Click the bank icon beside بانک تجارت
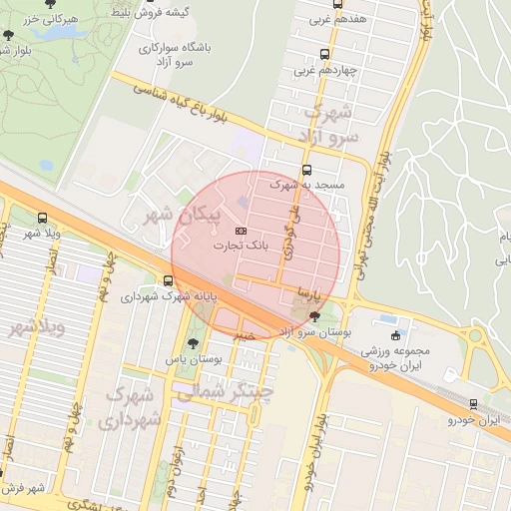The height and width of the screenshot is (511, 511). pyautogui.click(x=240, y=231)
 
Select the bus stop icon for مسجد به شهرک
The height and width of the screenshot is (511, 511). pyautogui.click(x=306, y=170)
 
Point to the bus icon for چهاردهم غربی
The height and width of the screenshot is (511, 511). pyautogui.click(x=323, y=55)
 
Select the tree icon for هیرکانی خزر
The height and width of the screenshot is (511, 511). pyautogui.click(x=9, y=35)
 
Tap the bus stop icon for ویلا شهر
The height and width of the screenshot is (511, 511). pyautogui.click(x=41, y=218)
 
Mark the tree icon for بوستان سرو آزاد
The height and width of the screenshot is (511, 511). pyautogui.click(x=315, y=316)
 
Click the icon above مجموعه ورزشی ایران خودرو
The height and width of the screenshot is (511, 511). pyautogui.click(x=398, y=336)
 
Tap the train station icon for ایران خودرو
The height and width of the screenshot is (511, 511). pyautogui.click(x=473, y=404)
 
